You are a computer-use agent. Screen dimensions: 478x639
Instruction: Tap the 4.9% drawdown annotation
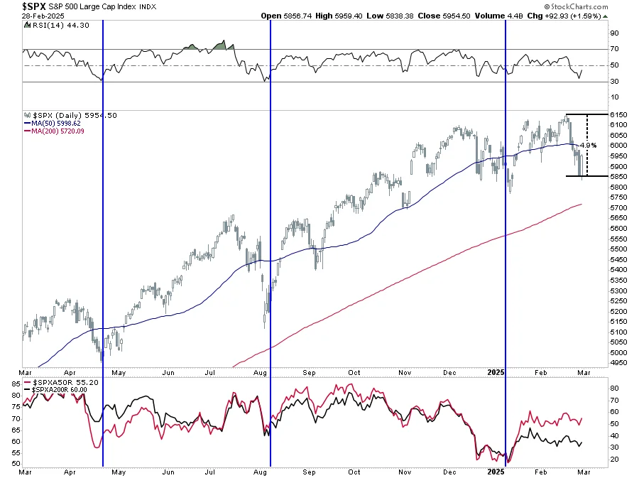pyautogui.click(x=589, y=145)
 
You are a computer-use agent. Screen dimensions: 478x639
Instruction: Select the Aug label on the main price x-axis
pyautogui.click(x=260, y=371)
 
